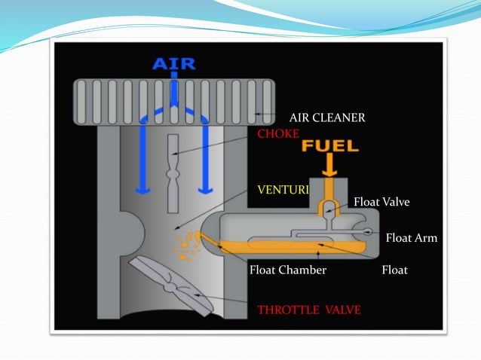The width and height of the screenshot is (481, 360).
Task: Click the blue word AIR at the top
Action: [175, 63]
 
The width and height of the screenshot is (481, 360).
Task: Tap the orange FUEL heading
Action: [329, 145]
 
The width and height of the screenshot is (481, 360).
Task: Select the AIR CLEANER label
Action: [327, 117]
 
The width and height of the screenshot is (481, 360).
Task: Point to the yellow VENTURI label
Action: [283, 189]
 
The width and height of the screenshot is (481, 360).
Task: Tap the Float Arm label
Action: [411, 238]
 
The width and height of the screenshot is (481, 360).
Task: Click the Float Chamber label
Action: [287, 270]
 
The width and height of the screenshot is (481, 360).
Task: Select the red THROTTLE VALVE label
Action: [308, 309]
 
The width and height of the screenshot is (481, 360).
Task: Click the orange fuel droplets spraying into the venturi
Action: [185, 245]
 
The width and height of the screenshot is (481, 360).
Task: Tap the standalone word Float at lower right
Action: [394, 270]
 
